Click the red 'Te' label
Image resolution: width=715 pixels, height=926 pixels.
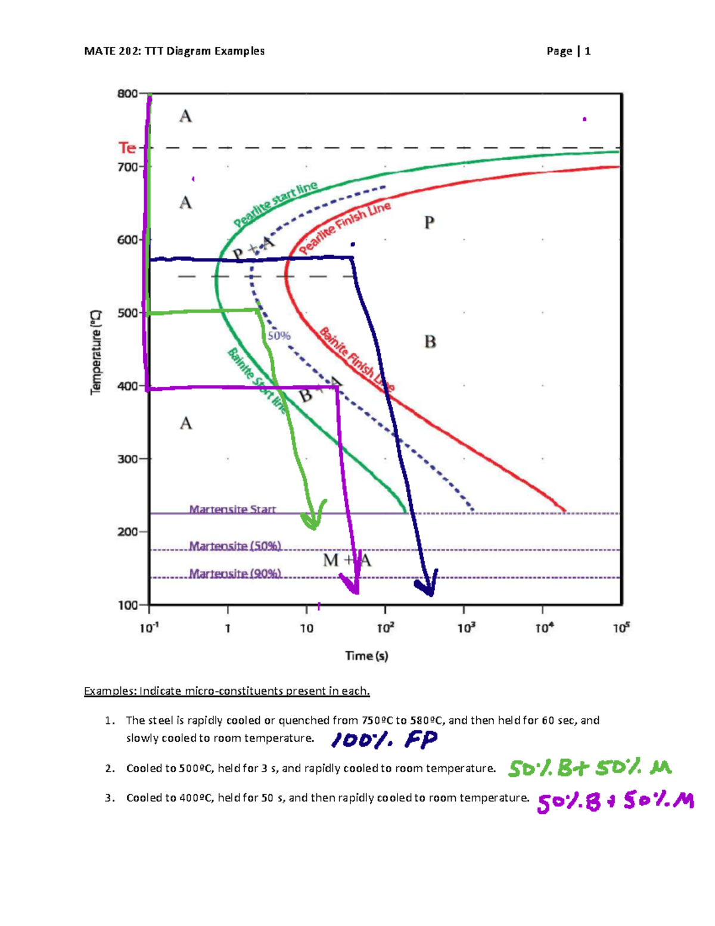[x=127, y=147]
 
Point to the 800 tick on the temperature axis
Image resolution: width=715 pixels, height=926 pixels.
[x=128, y=94]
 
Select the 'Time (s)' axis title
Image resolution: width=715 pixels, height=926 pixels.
[x=366, y=656]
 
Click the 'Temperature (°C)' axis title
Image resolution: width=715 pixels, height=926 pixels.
[x=96, y=352]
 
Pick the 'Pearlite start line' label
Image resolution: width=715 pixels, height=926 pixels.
[x=275, y=204]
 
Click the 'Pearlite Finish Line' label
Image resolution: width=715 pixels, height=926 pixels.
[x=345, y=227]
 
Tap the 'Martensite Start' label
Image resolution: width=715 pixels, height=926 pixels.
[x=232, y=509]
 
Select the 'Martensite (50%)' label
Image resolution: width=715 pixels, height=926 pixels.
[x=235, y=546]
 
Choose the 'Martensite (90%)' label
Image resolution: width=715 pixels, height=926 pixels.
[x=235, y=573]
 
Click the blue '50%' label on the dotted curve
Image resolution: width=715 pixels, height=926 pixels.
[x=279, y=336]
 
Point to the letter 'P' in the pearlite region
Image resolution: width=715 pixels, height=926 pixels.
[x=429, y=223]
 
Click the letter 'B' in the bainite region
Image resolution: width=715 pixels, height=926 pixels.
[x=430, y=342]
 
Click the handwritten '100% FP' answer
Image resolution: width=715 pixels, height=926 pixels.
[x=384, y=740]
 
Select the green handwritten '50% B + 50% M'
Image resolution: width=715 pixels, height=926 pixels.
[x=589, y=768]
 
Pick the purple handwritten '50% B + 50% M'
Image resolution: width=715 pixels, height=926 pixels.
[x=615, y=802]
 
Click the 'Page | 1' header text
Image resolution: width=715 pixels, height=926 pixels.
[x=568, y=51]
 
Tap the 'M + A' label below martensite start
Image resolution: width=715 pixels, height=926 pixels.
[x=347, y=560]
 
